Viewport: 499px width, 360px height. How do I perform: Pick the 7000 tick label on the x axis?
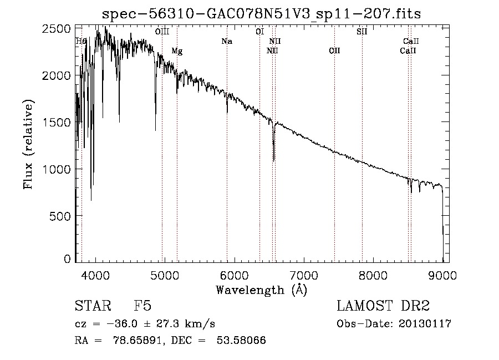tap(304, 275)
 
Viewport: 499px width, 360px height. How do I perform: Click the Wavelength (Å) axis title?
tap(261, 290)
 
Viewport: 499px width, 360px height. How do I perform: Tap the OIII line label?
tap(162, 32)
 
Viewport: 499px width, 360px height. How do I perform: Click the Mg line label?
tap(177, 51)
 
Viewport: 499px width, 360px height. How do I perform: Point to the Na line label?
tap(226, 41)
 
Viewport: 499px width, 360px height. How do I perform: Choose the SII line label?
tap(361, 32)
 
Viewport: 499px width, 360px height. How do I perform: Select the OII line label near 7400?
tap(334, 51)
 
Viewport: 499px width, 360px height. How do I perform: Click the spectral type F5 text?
tap(142, 306)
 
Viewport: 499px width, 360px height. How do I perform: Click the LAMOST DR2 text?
tap(384, 306)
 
